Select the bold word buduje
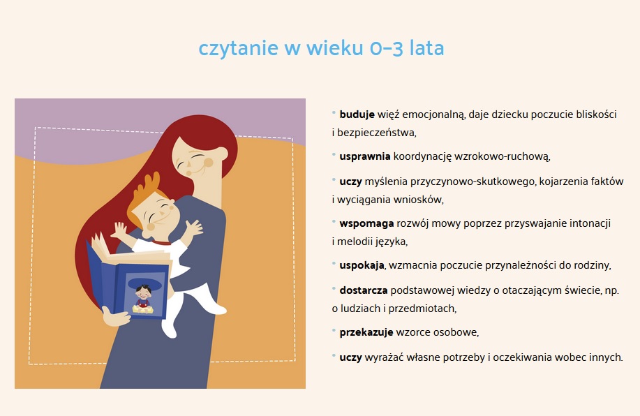(x=357, y=114)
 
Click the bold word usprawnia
(x=365, y=156)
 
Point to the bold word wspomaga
(x=366, y=224)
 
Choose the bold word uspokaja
(x=362, y=265)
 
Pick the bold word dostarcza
(x=363, y=290)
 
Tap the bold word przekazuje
(x=366, y=332)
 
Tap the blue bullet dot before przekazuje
(x=334, y=329)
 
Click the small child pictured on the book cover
(x=143, y=299)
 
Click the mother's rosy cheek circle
(x=208, y=163)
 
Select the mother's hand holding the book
(x=114, y=317)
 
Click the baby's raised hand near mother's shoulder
(x=194, y=227)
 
